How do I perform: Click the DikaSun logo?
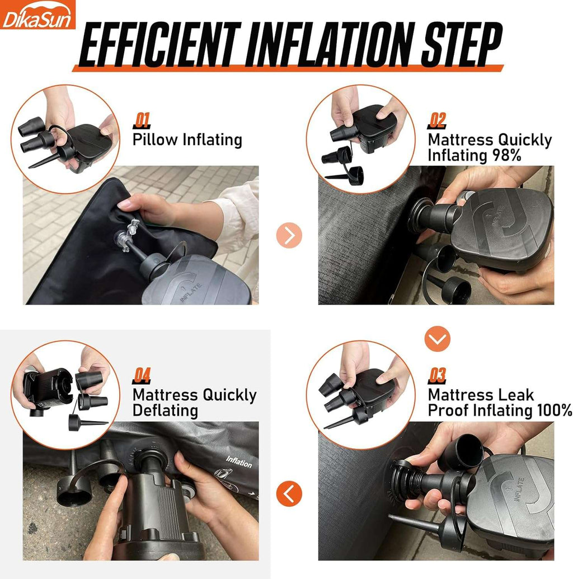[37, 15]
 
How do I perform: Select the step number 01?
[142, 121]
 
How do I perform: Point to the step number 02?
[437, 121]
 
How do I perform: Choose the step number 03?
[437, 376]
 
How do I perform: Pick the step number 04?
[142, 376]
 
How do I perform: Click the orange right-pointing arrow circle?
[289, 235]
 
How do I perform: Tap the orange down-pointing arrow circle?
[437, 339]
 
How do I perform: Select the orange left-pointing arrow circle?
[289, 494]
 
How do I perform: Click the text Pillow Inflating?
[187, 141]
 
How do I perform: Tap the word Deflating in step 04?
[165, 410]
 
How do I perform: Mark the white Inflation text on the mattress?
[239, 462]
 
